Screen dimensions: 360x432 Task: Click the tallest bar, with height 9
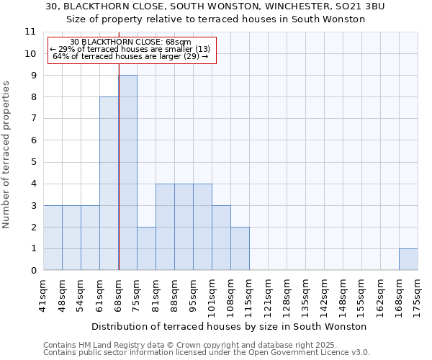pos(127,173)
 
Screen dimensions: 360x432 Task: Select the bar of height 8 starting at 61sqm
pos(109,184)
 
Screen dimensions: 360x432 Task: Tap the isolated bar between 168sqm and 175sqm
pos(408,259)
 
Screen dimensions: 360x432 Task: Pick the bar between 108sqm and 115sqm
pos(240,248)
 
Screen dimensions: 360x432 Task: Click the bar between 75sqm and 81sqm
pos(146,248)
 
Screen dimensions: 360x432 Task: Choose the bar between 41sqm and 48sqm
pos(53,238)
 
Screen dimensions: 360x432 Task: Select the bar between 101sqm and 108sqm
pos(221,238)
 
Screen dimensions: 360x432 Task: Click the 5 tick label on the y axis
pos(32,162)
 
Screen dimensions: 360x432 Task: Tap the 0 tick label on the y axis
pos(32,271)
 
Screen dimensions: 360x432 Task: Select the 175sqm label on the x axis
pos(418,295)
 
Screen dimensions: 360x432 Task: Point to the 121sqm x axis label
pos(269,295)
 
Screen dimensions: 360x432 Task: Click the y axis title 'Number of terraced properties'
pos(6,155)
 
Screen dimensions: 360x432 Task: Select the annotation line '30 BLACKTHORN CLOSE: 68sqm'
pos(130,42)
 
